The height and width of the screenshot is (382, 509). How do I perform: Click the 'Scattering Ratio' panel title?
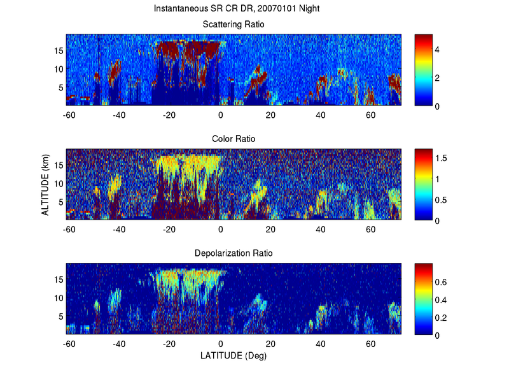234,24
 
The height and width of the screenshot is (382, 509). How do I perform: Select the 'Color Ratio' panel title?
234,139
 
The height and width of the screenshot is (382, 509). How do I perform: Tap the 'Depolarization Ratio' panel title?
234,253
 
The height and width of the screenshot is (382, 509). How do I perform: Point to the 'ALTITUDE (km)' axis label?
46,184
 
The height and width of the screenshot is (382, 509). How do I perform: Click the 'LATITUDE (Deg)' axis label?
234,356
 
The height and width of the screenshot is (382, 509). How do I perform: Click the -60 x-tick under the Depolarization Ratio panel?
69,344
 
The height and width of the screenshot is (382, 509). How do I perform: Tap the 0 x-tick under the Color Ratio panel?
221,229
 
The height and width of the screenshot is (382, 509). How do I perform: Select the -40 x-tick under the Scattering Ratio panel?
119,115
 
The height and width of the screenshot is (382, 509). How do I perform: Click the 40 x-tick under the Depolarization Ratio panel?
321,344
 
